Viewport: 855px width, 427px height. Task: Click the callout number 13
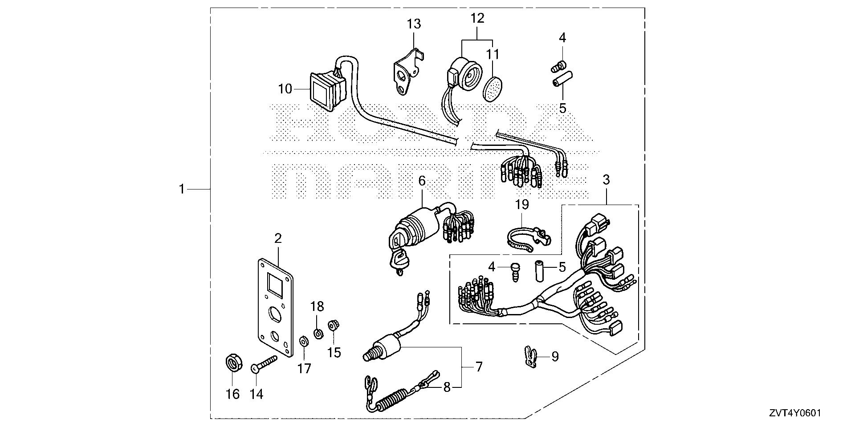point(414,23)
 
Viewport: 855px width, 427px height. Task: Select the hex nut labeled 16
point(232,363)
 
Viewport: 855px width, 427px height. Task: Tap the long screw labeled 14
point(265,363)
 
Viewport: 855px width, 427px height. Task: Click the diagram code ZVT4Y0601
point(794,413)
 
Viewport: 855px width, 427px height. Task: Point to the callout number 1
point(181,189)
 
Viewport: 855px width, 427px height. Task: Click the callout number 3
point(606,180)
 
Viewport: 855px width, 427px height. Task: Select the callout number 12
point(477,18)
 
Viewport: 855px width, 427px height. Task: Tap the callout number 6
point(422,181)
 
